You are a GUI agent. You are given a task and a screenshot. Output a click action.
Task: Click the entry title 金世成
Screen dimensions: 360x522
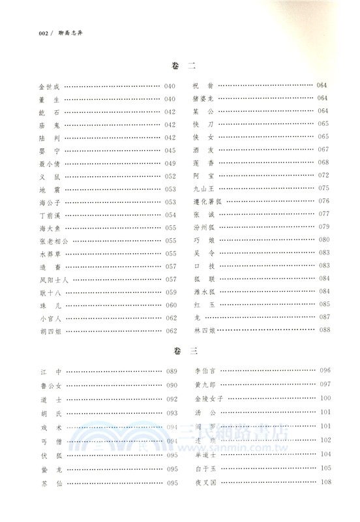click(50, 86)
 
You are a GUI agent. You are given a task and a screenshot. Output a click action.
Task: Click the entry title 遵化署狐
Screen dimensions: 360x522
click(207, 201)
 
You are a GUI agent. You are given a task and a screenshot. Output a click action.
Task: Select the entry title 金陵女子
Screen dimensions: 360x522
click(207, 398)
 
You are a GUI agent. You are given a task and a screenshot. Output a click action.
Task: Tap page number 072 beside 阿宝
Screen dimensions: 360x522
click(324, 176)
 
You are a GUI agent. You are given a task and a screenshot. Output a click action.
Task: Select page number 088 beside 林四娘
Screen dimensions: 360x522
click(324, 331)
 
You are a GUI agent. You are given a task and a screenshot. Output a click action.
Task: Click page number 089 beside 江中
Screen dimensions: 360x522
click(172, 371)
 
